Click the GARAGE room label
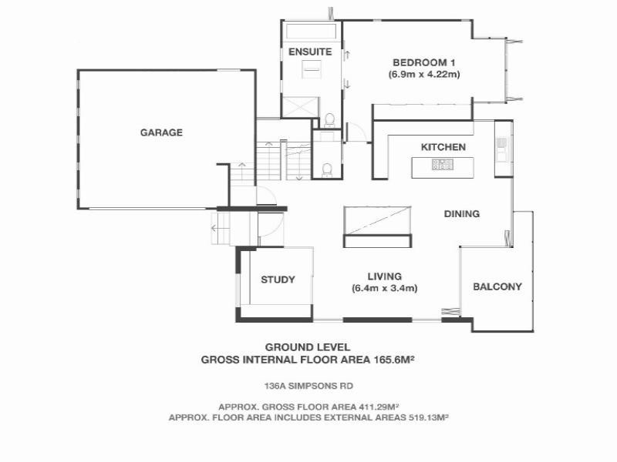[x=161, y=132]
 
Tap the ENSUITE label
[x=310, y=52]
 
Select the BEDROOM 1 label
[x=423, y=62]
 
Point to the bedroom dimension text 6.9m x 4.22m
[x=423, y=75]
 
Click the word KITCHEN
[x=443, y=147]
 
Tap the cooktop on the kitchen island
[x=443, y=164]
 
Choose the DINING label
[x=462, y=214]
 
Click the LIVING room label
[x=384, y=276]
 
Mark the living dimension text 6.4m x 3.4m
[x=384, y=289]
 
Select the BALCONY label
[x=497, y=286]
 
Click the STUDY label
[x=278, y=280]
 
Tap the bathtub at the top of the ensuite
[x=311, y=32]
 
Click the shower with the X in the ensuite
[x=301, y=107]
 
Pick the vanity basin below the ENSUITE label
[x=312, y=69]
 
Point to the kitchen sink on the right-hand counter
[x=502, y=147]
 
